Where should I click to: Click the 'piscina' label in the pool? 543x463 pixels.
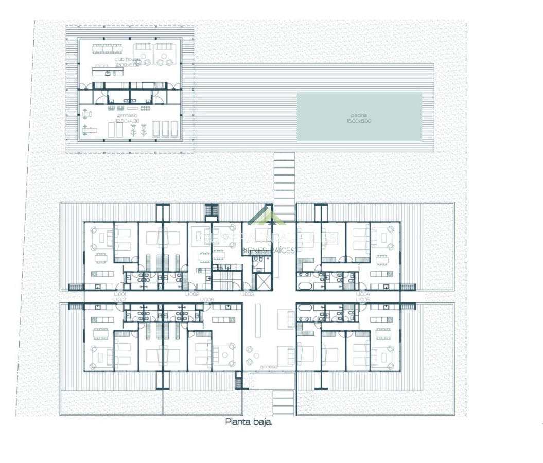[x=359, y=116]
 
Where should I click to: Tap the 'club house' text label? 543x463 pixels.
[x=127, y=60]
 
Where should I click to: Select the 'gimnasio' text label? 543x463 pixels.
[x=127, y=116]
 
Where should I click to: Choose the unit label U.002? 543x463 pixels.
[x=192, y=294]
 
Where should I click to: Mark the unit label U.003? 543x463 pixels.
[x=248, y=294]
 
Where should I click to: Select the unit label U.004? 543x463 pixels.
[x=363, y=294]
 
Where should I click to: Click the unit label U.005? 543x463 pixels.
[x=363, y=299]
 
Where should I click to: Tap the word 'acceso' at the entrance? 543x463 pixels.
[x=269, y=367]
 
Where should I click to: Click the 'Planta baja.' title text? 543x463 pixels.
[x=249, y=422]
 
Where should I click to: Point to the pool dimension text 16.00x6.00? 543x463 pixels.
[x=359, y=121]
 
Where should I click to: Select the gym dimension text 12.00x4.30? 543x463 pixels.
[x=127, y=121]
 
